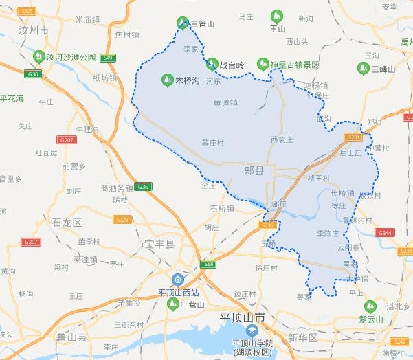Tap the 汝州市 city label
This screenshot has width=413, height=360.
[34, 31]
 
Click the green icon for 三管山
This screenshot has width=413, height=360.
[183, 23]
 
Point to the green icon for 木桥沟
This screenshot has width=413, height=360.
[166, 80]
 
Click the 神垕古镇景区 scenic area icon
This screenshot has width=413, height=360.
[262, 64]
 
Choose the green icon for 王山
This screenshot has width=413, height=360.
[277, 15]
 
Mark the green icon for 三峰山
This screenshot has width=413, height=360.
[363, 68]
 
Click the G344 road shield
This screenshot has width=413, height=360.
[385, 233]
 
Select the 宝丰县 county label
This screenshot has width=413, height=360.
[159, 244]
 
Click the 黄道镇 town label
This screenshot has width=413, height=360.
[225, 104]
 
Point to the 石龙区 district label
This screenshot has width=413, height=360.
[67, 222]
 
